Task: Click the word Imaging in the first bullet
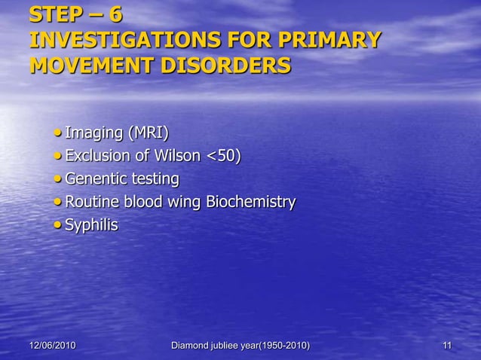click(x=94, y=134)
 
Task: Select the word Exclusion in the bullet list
click(x=100, y=157)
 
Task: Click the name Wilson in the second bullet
click(x=178, y=157)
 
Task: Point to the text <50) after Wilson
click(x=224, y=157)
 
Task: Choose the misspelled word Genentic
click(x=99, y=179)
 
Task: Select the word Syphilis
click(x=92, y=224)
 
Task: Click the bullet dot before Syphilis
click(x=59, y=225)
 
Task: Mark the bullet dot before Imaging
click(x=59, y=135)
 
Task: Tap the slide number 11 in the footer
click(x=447, y=346)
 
